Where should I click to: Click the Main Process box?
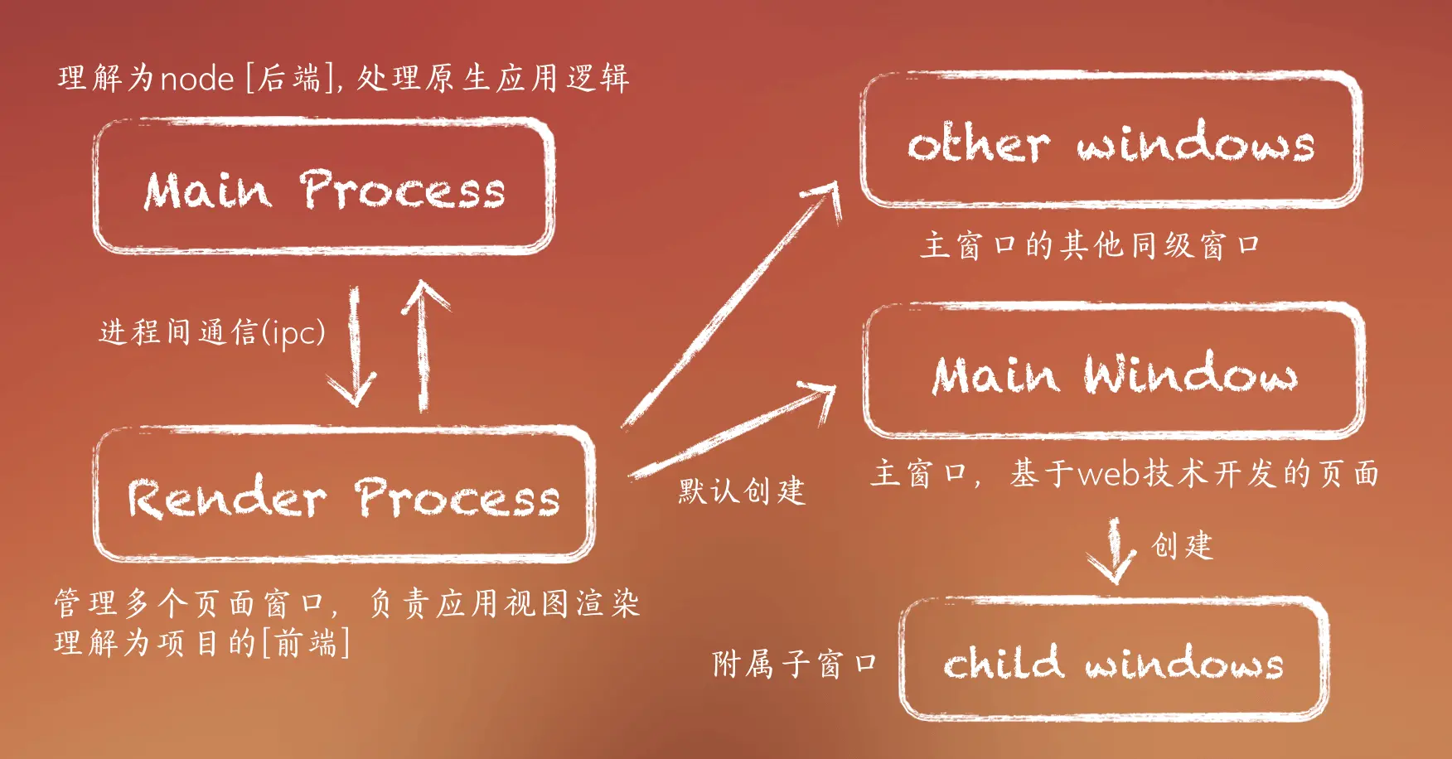click(x=323, y=187)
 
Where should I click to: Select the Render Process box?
click(x=344, y=496)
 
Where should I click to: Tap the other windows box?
click(x=1111, y=141)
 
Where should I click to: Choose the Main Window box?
click(x=1114, y=372)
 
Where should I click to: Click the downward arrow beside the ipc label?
click(x=356, y=348)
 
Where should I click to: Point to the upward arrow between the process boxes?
click(x=423, y=344)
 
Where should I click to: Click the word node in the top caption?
click(x=196, y=79)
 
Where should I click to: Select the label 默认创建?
click(x=742, y=491)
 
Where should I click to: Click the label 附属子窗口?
click(x=794, y=664)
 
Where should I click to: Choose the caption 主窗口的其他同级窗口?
click(x=1090, y=245)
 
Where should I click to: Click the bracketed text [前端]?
click(x=306, y=643)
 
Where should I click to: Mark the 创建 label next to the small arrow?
click(x=1182, y=546)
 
